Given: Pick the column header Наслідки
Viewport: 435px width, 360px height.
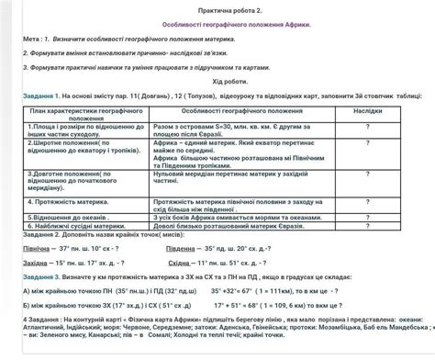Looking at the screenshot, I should (x=367, y=108).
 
